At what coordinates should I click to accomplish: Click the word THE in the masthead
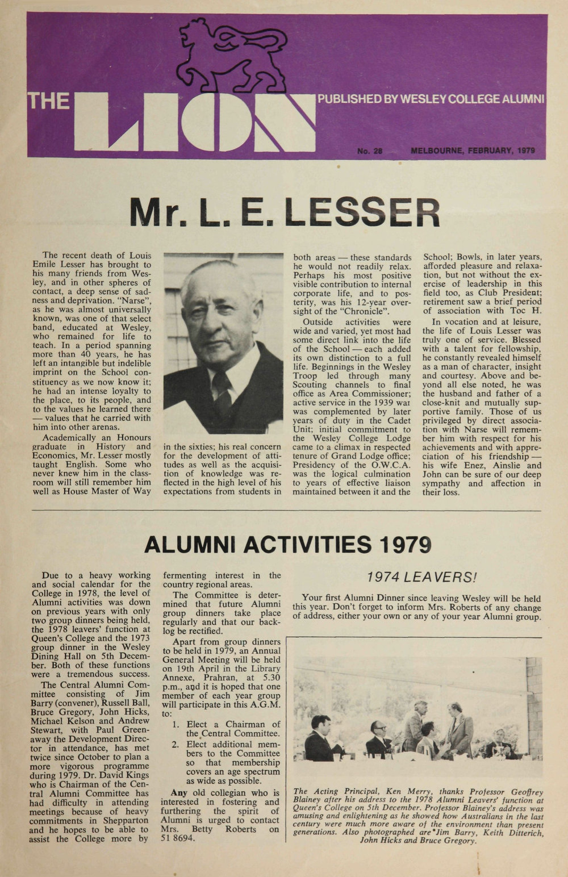pyautogui.click(x=49, y=101)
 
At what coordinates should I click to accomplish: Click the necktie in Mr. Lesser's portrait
pyautogui.click(x=223, y=392)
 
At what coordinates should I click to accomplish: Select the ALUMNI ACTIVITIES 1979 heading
pyautogui.click(x=287, y=544)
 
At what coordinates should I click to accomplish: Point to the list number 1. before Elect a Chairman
pyautogui.click(x=176, y=724)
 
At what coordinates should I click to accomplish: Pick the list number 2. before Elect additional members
pyautogui.click(x=176, y=744)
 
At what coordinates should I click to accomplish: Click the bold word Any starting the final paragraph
pyautogui.click(x=179, y=793)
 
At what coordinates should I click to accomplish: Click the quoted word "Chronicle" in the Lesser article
pyautogui.click(x=356, y=311)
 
